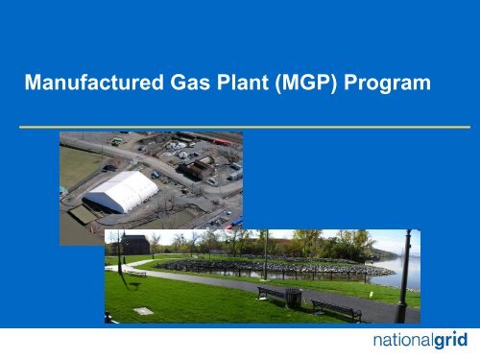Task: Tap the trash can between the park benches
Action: click(294, 298)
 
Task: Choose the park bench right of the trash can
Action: click(336, 308)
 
